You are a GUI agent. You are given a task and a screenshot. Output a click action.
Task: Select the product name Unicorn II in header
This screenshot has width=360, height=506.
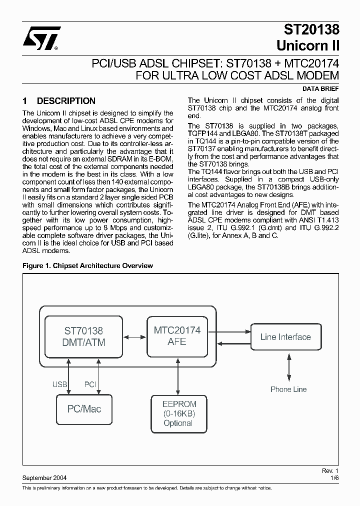pyautogui.click(x=308, y=46)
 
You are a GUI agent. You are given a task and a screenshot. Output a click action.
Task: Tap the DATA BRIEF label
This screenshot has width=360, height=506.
pyautogui.click(x=321, y=88)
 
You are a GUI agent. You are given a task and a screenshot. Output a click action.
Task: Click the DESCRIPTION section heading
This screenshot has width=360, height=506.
pyautogui.click(x=66, y=101)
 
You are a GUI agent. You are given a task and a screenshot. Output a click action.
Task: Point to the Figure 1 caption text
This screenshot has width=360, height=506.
pyautogui.click(x=88, y=266)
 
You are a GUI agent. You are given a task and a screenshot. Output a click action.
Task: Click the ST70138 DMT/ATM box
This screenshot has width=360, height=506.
pyautogui.click(x=83, y=336)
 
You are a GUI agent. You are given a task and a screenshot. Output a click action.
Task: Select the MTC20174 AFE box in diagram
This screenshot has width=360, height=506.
pyautogui.click(x=177, y=336)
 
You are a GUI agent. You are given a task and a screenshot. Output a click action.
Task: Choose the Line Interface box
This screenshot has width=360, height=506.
pyautogui.click(x=285, y=337)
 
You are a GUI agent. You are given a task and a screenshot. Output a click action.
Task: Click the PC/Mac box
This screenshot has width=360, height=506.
pyautogui.click(x=84, y=409)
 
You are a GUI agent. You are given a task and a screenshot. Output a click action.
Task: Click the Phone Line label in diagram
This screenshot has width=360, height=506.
pyautogui.click(x=288, y=389)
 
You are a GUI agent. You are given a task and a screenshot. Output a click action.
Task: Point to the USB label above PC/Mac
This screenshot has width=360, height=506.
pyautogui.click(x=59, y=384)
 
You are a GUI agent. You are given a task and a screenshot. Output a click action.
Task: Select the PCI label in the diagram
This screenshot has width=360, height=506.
pyautogui.click(x=90, y=384)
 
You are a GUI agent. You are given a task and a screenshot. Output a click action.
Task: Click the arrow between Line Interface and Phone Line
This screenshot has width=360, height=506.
pyautogui.click(x=288, y=368)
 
